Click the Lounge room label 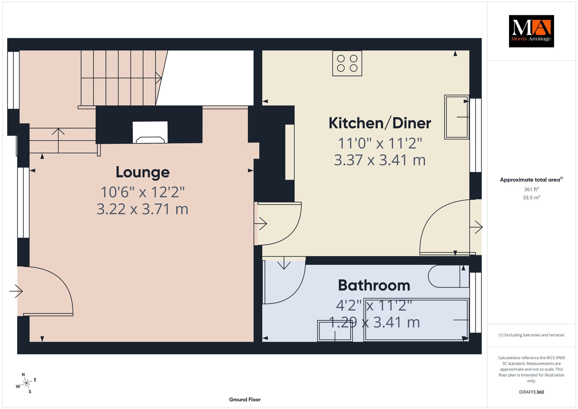tap(143, 172)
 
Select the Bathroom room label tap(374, 285)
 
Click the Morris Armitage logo tap(531, 31)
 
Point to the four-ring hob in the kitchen tap(347, 63)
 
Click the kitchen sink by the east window tap(457, 117)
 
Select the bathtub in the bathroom tap(417, 320)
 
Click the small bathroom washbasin tap(335, 331)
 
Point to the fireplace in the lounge tap(150, 132)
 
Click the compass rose tap(26, 383)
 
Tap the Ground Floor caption tap(245, 399)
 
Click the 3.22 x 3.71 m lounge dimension tap(143, 209)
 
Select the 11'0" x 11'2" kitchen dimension tap(380, 143)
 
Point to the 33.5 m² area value tap(531, 197)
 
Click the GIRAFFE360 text tap(531, 392)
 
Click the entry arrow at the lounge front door tap(16, 291)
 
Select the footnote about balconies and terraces tap(531, 335)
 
